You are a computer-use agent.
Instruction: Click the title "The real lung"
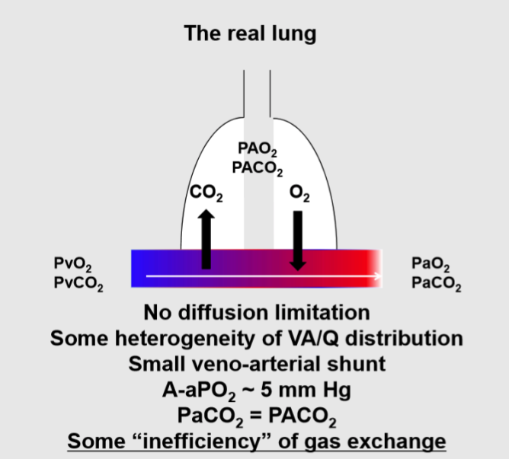[x=249, y=33]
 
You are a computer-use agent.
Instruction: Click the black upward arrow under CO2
[x=206, y=240]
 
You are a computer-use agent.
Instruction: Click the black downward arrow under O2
[x=298, y=240]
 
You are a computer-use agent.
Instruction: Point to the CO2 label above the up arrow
[x=206, y=196]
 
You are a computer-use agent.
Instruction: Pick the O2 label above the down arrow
[x=299, y=196]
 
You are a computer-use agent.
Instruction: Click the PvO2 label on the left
[x=71, y=267]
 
